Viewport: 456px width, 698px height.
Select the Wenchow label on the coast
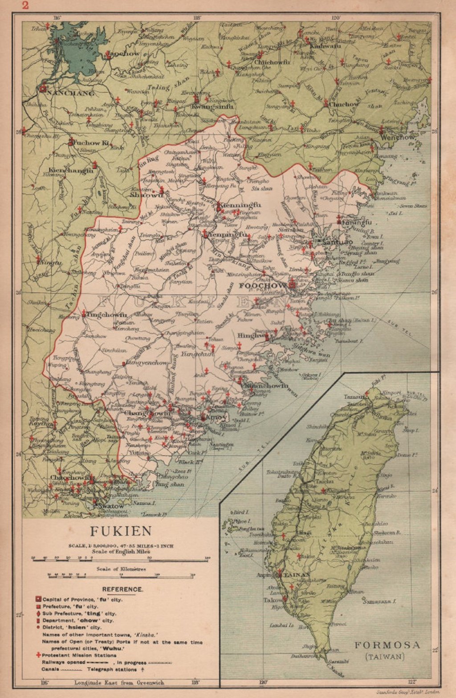[398, 137]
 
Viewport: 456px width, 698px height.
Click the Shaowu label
[144, 194]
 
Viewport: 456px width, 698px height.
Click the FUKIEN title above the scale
[121, 531]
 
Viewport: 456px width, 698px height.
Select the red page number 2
[25, 5]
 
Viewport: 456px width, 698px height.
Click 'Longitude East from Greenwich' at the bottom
[119, 682]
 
